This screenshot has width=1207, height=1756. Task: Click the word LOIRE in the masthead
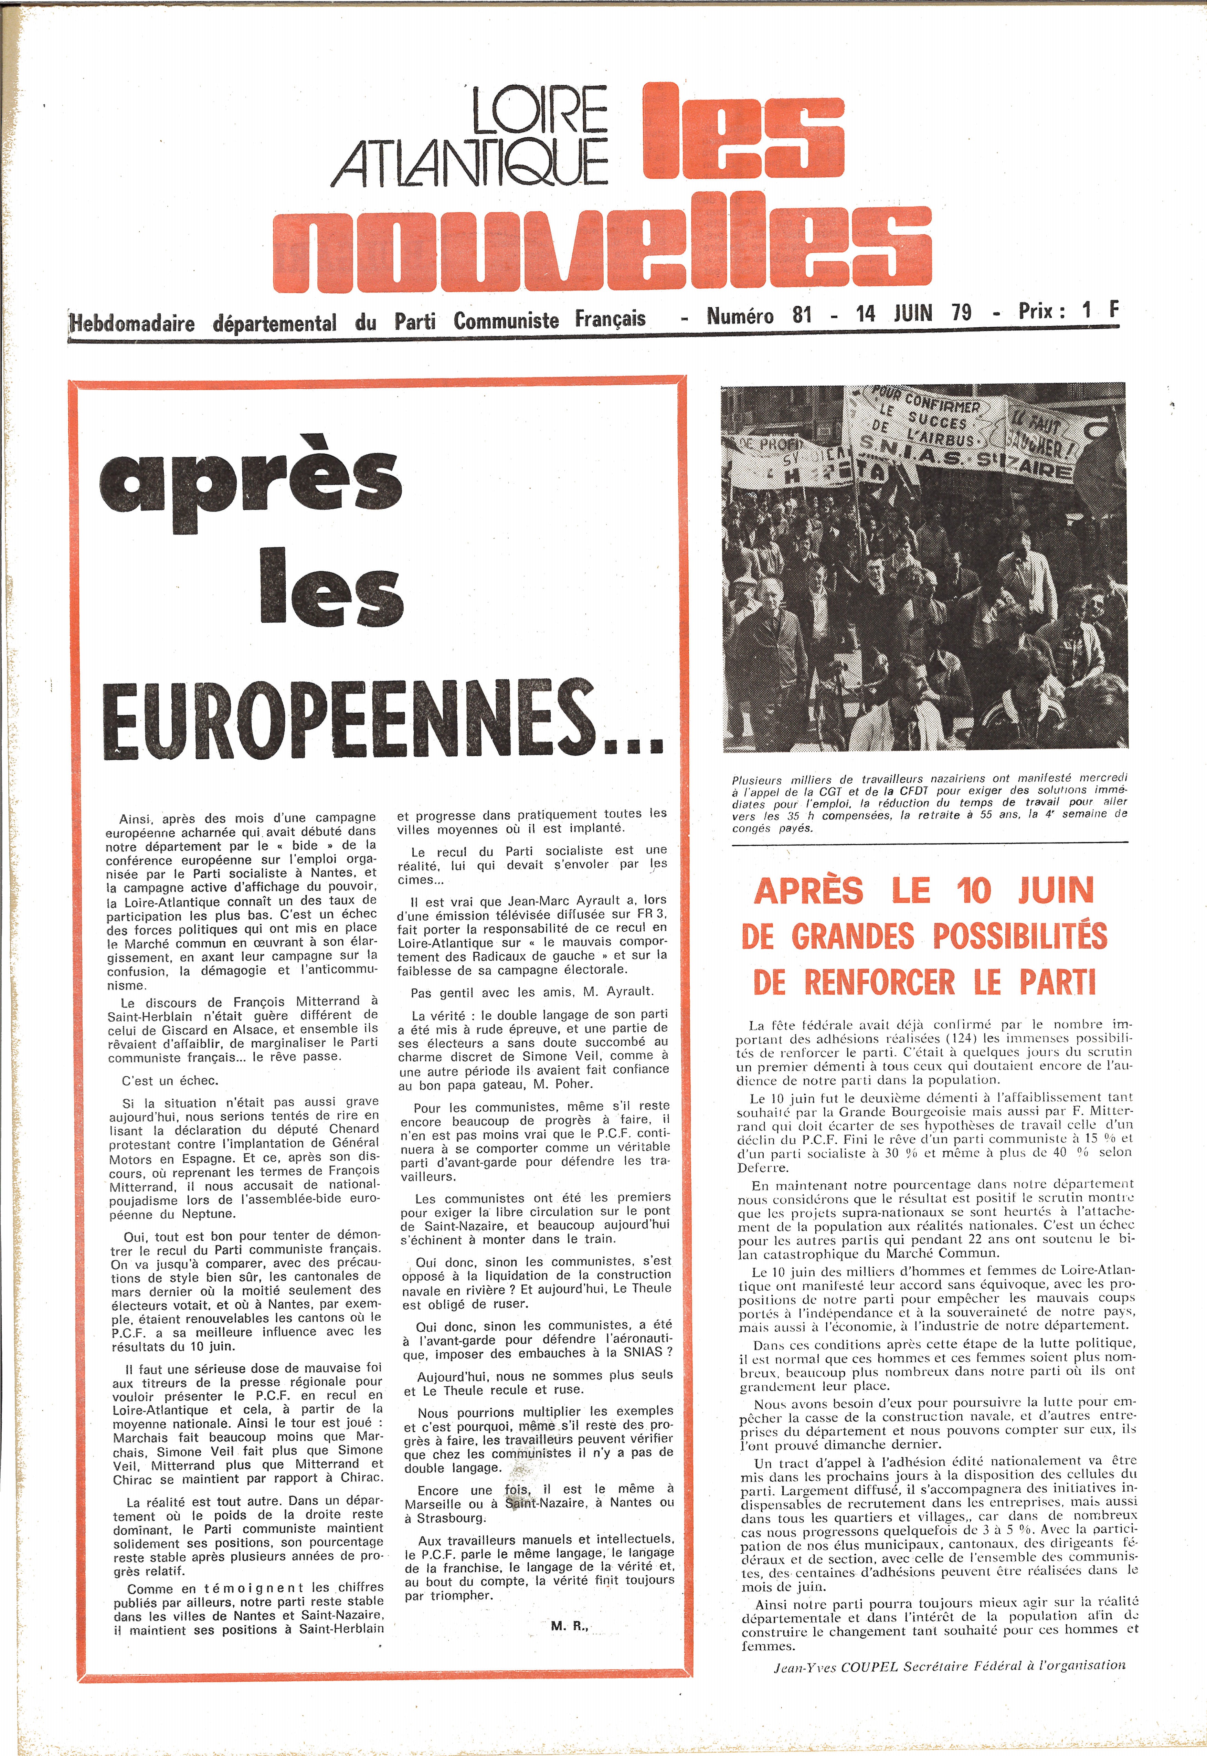click(539, 110)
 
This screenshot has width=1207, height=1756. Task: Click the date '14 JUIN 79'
click(913, 313)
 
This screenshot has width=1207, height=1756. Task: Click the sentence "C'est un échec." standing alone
click(169, 1081)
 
